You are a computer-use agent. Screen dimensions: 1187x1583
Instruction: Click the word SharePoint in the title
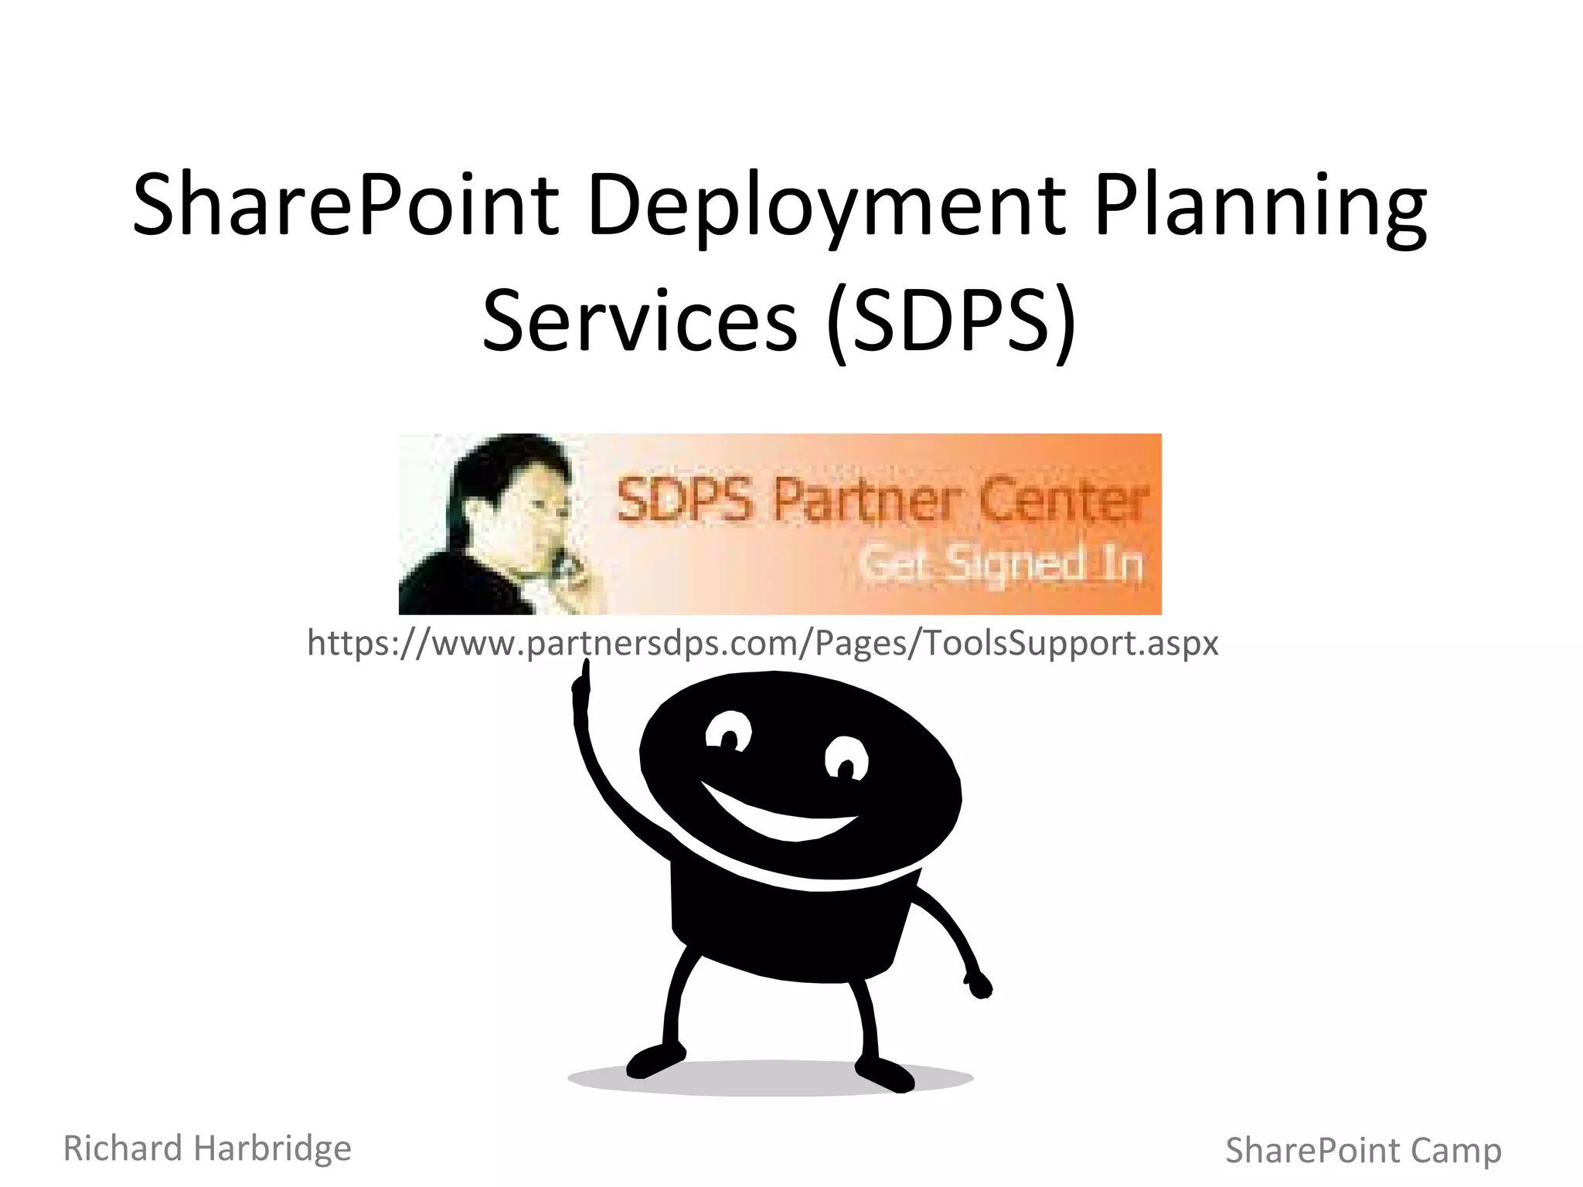coord(346,205)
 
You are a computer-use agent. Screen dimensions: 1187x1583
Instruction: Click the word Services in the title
coord(639,320)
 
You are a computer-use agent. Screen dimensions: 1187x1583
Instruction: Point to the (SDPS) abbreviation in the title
coord(951,320)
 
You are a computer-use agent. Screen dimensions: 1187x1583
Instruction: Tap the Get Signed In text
coord(1002,562)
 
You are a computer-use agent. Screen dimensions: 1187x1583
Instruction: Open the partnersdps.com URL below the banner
coord(762,642)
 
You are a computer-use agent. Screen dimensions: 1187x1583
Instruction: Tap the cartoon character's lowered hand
coord(979,985)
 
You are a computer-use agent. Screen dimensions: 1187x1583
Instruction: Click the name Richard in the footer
coord(123,1148)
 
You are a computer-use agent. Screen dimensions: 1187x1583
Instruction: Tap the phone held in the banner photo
coord(570,568)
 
